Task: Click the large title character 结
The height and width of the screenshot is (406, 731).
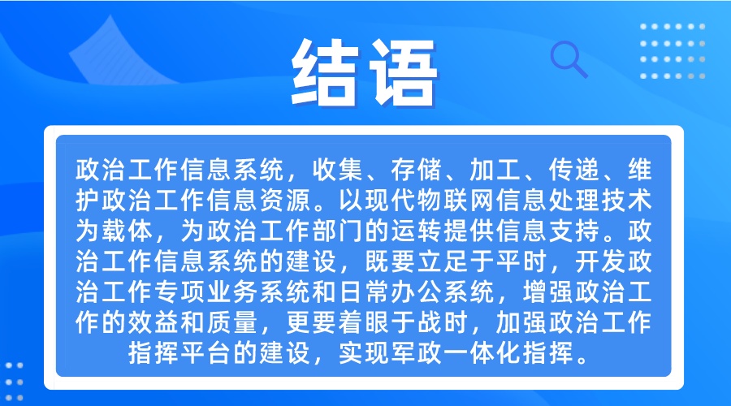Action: pos(326,71)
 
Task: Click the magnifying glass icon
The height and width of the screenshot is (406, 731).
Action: pos(569,59)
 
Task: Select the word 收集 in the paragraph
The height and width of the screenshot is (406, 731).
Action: pos(338,170)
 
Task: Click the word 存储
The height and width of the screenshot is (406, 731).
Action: pos(417,170)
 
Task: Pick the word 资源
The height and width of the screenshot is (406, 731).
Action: pos(285,200)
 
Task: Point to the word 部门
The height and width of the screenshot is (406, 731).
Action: pos(338,231)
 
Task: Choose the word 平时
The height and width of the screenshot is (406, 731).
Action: pos(521,261)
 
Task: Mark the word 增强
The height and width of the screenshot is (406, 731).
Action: pos(547,292)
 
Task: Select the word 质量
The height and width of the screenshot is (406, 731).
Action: pos(232,322)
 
